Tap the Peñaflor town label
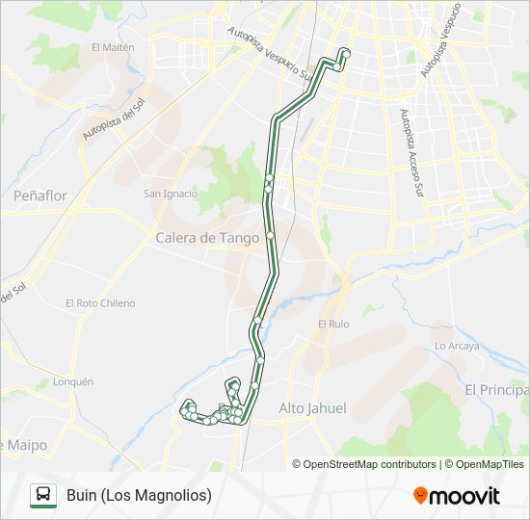tap(40, 195)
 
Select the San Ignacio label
tap(171, 194)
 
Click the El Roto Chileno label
tap(100, 303)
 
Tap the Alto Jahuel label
tap(312, 408)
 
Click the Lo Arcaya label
tap(457, 346)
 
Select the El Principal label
tap(497, 390)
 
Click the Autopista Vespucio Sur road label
tap(269, 52)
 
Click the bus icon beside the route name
tap(43, 496)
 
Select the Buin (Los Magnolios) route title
tap(139, 496)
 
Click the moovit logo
tap(457, 496)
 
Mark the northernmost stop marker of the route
tap(345, 52)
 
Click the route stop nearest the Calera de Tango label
tap(271, 235)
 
